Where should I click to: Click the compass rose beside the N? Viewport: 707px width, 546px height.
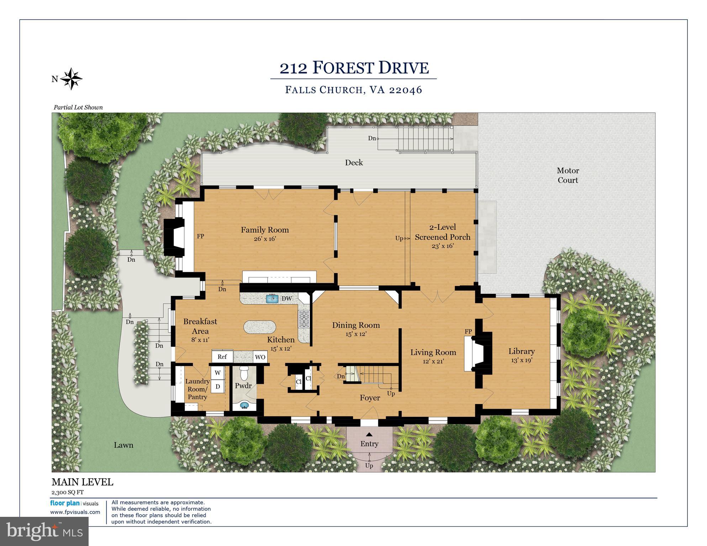(x=72, y=79)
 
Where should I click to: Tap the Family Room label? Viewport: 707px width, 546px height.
(x=265, y=230)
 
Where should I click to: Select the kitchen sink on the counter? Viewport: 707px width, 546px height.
(x=272, y=299)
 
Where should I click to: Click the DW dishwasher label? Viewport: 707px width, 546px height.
(x=287, y=299)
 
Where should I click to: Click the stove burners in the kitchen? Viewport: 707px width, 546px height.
(x=304, y=319)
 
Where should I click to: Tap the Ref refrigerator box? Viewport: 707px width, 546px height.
(x=222, y=356)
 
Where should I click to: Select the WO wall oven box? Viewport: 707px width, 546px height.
(x=260, y=357)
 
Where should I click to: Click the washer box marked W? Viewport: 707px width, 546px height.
(x=217, y=373)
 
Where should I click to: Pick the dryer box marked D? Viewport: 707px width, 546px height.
(x=217, y=386)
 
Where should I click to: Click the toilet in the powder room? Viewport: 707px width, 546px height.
(x=244, y=373)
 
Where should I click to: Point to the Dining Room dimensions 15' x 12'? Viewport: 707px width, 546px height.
(x=356, y=334)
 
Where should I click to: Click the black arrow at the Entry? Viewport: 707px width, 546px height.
(x=369, y=434)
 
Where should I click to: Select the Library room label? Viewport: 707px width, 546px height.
(x=521, y=351)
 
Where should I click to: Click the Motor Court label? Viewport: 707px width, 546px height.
(x=568, y=175)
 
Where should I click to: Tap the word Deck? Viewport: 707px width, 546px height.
(x=354, y=163)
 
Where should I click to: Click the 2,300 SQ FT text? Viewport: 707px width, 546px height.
(x=68, y=492)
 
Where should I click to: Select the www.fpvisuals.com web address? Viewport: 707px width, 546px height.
(x=75, y=512)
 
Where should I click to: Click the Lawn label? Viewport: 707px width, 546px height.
(x=123, y=445)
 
